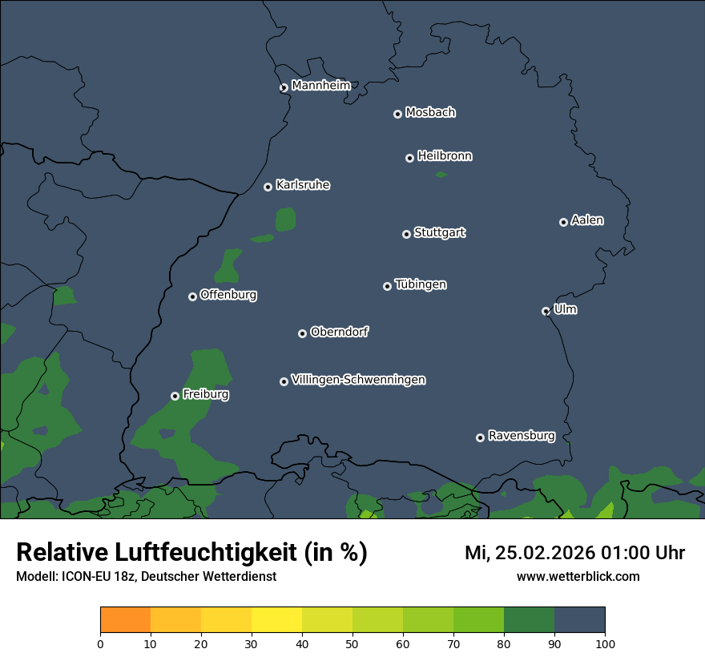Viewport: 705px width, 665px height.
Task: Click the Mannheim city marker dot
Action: (284, 88)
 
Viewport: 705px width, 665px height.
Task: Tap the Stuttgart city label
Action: (439, 232)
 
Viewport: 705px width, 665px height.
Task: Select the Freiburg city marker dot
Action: (175, 396)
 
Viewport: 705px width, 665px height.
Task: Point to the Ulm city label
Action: (565, 309)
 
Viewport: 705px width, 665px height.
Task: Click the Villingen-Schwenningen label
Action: (358, 380)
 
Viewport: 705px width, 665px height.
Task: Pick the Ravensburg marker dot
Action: (480, 437)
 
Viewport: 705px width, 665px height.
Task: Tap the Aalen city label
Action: (587, 220)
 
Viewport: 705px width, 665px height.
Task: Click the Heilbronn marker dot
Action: (409, 158)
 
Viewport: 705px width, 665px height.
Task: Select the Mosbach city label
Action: (430, 113)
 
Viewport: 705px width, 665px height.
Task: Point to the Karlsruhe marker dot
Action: (268, 187)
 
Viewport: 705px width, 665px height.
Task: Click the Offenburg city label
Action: (228, 295)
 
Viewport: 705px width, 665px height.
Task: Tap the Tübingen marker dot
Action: (387, 286)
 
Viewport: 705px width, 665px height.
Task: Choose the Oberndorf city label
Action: (339, 332)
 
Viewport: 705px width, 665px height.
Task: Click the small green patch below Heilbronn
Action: (441, 174)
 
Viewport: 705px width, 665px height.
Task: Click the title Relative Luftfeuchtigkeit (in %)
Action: (191, 552)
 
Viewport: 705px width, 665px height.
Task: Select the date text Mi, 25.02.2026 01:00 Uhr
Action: (574, 553)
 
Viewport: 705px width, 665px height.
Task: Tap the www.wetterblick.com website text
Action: (578, 576)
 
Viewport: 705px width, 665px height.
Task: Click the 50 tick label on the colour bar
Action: (352, 643)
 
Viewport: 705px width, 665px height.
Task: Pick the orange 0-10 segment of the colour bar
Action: (125, 620)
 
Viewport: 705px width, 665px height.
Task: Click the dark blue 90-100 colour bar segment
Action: (579, 620)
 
